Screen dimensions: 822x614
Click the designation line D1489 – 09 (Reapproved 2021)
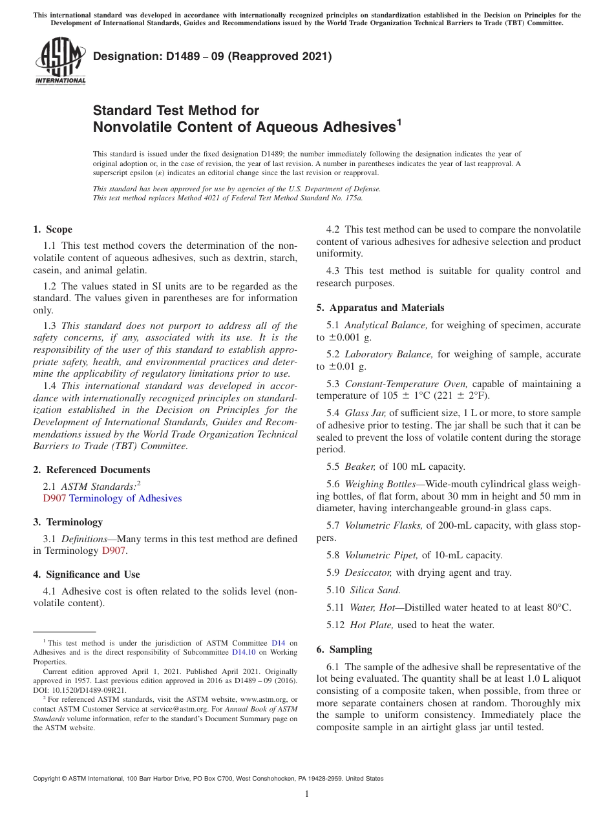(x=212, y=57)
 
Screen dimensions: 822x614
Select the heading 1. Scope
(x=53, y=229)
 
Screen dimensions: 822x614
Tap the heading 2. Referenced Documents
(x=92, y=470)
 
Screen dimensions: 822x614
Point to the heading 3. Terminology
(x=68, y=522)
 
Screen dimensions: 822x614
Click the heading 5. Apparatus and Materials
(x=380, y=308)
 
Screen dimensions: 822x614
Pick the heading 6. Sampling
(x=344, y=649)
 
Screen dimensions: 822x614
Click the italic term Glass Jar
(x=365, y=413)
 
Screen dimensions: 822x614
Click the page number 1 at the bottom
(x=307, y=794)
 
